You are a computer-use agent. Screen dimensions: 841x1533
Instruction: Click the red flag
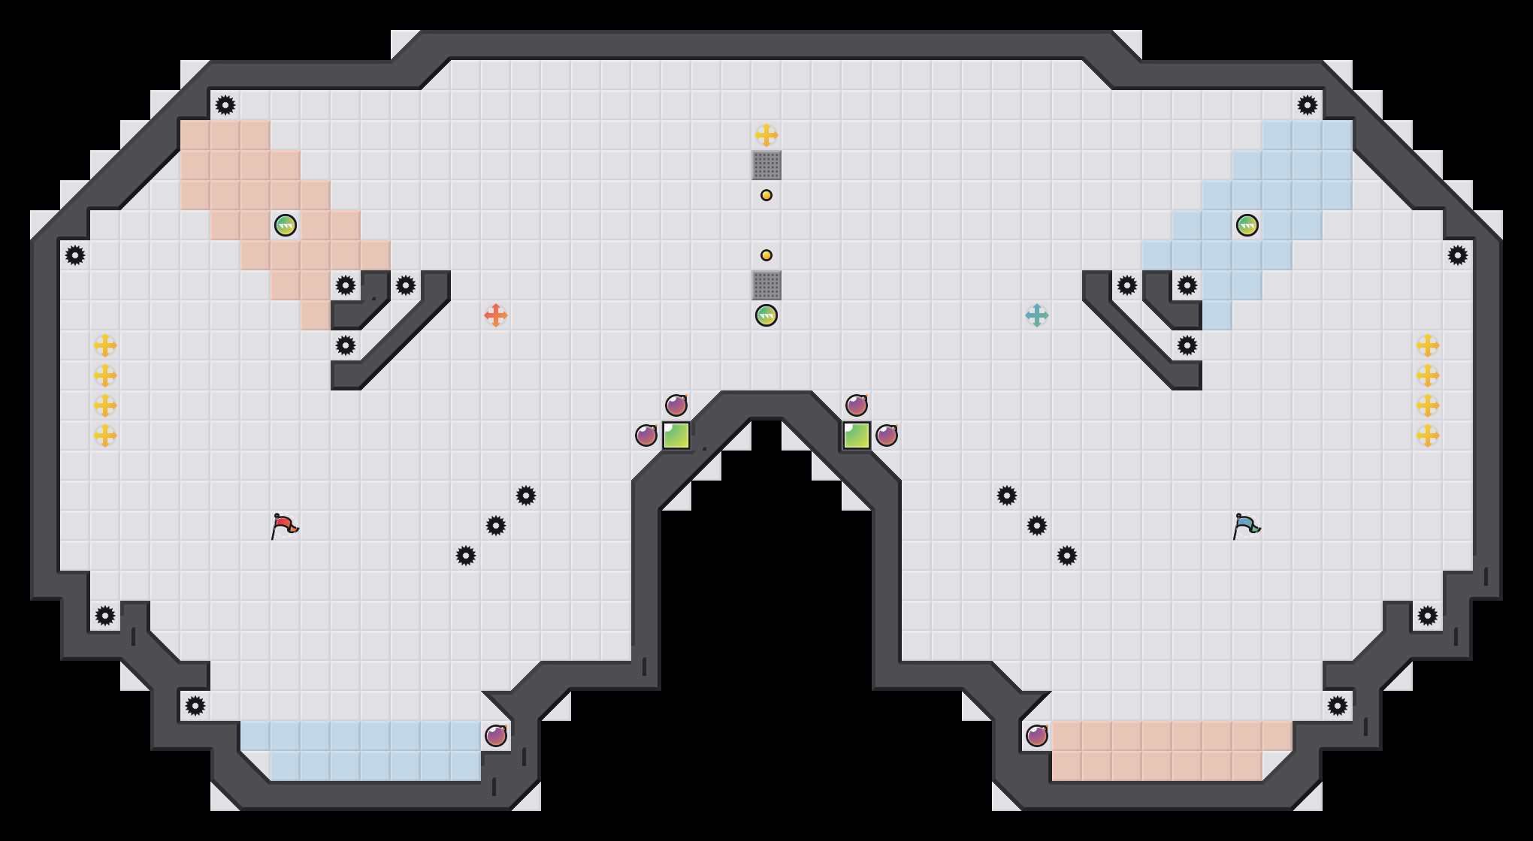coord(284,526)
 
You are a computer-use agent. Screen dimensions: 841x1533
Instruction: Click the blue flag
coord(1246,526)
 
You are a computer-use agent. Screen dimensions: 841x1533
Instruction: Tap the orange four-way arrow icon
coord(496,315)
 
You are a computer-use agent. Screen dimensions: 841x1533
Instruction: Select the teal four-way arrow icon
coord(1037,315)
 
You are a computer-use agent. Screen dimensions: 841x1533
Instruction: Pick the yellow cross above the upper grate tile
coord(766,135)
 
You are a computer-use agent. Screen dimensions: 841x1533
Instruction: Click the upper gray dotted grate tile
coord(766,165)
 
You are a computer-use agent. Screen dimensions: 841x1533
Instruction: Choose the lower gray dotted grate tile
coord(766,285)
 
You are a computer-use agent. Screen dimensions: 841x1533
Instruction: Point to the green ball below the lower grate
coord(766,315)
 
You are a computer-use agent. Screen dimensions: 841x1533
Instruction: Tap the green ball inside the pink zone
coord(286,225)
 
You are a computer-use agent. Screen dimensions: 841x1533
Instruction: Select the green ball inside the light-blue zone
coord(1247,225)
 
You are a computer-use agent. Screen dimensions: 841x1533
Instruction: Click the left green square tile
coord(676,436)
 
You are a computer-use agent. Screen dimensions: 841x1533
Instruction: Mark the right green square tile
coord(857,436)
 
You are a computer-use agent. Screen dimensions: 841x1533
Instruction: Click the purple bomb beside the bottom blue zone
coord(496,736)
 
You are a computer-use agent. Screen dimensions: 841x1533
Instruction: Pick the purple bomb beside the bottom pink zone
coord(1037,736)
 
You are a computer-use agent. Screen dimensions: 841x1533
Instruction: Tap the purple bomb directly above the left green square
coord(676,405)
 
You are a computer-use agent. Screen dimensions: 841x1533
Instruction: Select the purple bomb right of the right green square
coord(887,436)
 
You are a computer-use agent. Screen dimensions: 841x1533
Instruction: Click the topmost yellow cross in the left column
coord(105,345)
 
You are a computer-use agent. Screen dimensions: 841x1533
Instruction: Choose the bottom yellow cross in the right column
coord(1428,436)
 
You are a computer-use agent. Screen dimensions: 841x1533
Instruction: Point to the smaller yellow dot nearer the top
coord(766,195)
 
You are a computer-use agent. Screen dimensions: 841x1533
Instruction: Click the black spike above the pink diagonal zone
coord(225,105)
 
